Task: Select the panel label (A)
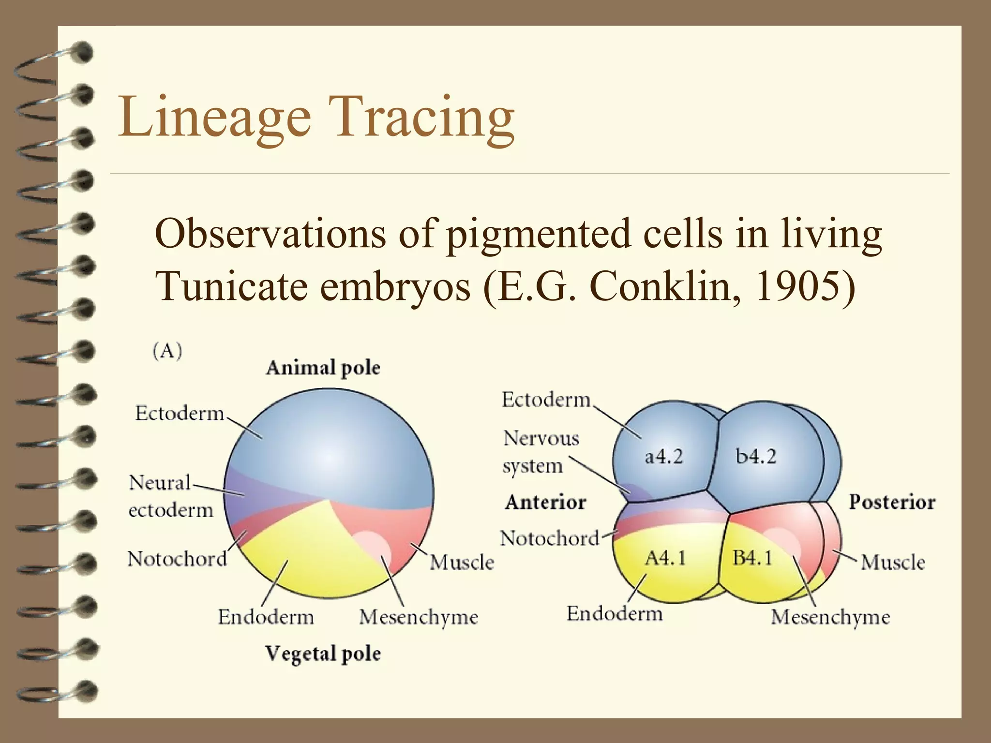[x=167, y=351]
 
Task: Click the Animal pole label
[x=323, y=368]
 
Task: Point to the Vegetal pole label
[x=323, y=654]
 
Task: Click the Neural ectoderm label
[x=170, y=496]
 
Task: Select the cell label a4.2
[x=663, y=457]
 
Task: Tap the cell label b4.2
[x=756, y=457]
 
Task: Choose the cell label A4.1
[x=665, y=559]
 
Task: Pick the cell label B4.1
[x=752, y=559]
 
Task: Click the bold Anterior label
[x=545, y=502]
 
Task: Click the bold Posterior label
[x=892, y=502]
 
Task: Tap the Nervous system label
[x=540, y=452]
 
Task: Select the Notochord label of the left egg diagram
[x=177, y=559]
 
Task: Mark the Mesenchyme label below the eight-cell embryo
[x=830, y=617]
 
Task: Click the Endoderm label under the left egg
[x=266, y=617]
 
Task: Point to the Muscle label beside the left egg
[x=462, y=563]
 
